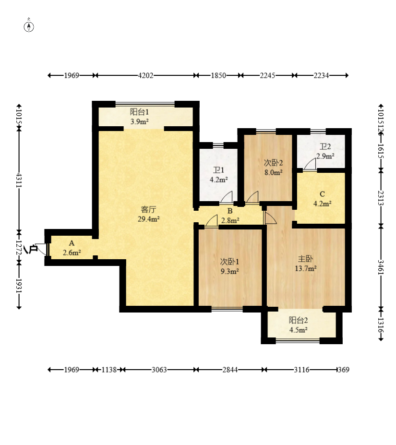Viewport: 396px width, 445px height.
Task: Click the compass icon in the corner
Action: pyautogui.click(x=29, y=26)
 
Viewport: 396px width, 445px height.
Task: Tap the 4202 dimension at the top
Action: pyautogui.click(x=145, y=75)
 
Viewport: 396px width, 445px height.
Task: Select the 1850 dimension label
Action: pyautogui.click(x=218, y=75)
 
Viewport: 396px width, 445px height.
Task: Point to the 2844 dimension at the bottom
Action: pyautogui.click(x=230, y=370)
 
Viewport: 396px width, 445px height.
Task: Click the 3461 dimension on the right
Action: pyautogui.click(x=381, y=267)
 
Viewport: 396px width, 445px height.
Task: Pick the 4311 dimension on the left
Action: pyautogui.click(x=19, y=180)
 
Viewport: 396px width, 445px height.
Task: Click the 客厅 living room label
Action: pyautogui.click(x=148, y=209)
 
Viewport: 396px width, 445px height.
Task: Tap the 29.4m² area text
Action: pyautogui.click(x=148, y=219)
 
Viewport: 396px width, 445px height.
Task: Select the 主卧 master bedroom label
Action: pyautogui.click(x=305, y=259)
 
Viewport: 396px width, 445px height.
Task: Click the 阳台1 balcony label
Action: pyautogui.click(x=139, y=112)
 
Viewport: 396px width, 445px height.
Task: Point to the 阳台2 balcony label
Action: pyautogui.click(x=299, y=320)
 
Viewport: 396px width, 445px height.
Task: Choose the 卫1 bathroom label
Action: pyautogui.click(x=218, y=170)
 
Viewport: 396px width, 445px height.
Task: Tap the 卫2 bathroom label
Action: pyautogui.click(x=325, y=146)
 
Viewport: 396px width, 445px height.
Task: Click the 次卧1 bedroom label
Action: pyautogui.click(x=229, y=261)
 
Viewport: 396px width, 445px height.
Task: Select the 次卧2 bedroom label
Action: pyautogui.click(x=273, y=163)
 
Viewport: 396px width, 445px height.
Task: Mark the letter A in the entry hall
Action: pyautogui.click(x=72, y=243)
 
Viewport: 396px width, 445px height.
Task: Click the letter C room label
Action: pyautogui.click(x=322, y=194)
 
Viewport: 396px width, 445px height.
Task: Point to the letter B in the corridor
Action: pyautogui.click(x=230, y=211)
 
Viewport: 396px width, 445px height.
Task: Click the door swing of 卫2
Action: pyautogui.click(x=310, y=165)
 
